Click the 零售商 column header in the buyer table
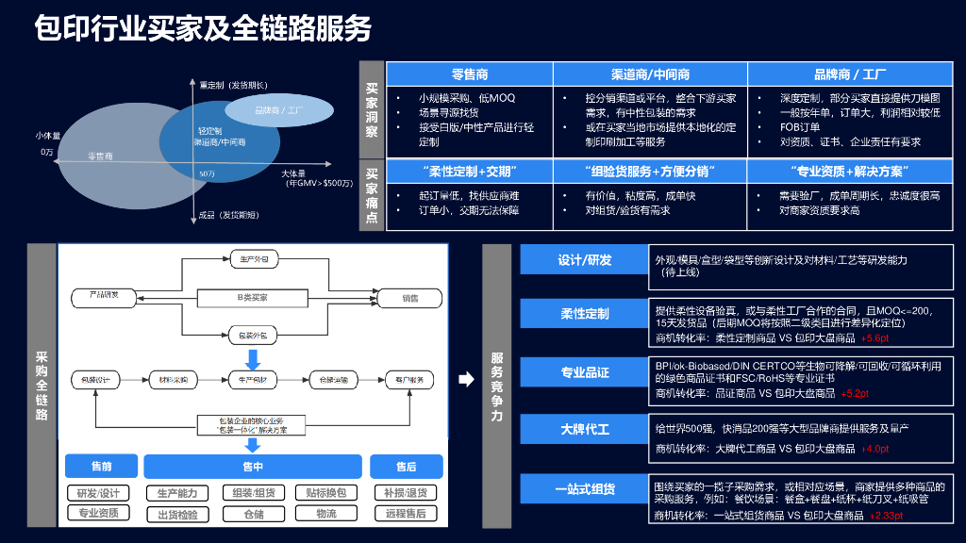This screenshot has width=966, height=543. coord(469,74)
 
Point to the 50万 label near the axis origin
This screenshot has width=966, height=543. coord(208,174)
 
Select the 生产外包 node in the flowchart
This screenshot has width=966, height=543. coord(251,257)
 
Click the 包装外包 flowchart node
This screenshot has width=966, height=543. coord(251,335)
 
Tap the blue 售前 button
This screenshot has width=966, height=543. coord(101,466)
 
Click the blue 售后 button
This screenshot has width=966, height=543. coord(406,466)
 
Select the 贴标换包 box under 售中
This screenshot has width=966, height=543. coord(325,493)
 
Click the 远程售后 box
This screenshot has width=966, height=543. coord(406,514)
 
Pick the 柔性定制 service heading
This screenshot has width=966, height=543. coord(584,313)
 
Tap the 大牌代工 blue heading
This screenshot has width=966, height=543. coord(584,429)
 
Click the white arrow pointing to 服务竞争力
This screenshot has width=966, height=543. coord(466,380)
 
